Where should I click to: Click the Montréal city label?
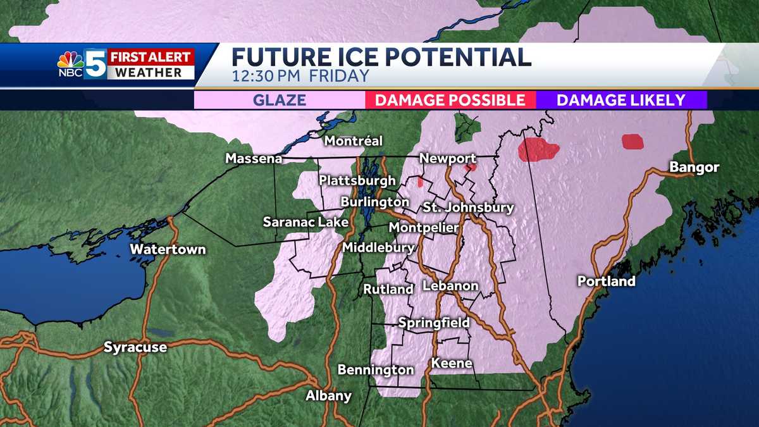pos(354,141)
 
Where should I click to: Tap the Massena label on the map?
pos(254,159)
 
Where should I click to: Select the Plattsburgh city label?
pos(357,180)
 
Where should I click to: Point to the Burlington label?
pos(374,202)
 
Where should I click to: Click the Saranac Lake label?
pos(296,222)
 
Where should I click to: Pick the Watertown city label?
pos(168,249)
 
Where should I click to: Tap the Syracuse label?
pos(135,347)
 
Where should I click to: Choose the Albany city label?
pos(328,396)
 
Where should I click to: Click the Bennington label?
pos(376,369)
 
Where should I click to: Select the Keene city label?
pos(452,363)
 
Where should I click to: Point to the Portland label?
pos(606,281)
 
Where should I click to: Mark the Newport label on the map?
pos(448,158)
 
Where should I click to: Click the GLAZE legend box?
pos(280,100)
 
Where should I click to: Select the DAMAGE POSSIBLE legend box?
pos(450,100)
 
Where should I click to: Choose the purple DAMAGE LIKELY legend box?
pos(621,100)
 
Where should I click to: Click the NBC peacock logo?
pos(70,61)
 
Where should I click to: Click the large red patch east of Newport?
pos(538,151)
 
